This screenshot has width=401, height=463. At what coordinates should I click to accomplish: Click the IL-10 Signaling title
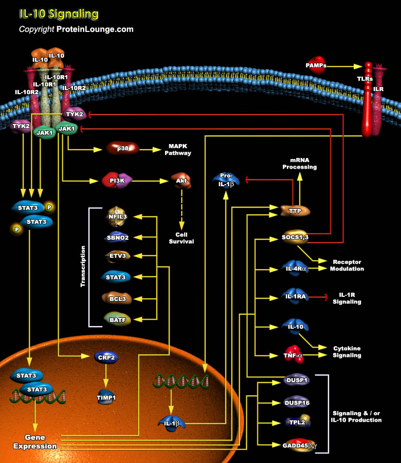pos(59,14)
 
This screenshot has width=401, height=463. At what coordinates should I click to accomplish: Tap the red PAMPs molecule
pos(315,65)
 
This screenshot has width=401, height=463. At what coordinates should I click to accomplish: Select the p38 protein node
pos(123,149)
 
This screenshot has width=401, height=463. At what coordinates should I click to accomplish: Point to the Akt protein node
pos(181,181)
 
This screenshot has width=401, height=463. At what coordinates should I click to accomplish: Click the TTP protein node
pos(295,210)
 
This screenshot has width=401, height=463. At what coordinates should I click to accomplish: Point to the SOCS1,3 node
pos(295,238)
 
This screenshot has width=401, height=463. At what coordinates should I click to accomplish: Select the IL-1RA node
pos(295,296)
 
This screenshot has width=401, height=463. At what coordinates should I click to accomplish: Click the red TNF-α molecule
pos(293,354)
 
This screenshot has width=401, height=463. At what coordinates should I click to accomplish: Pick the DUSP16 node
pos(297,402)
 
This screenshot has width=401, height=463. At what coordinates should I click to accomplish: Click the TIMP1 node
pos(106,397)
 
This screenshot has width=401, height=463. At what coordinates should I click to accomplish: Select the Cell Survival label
pos(181,238)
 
